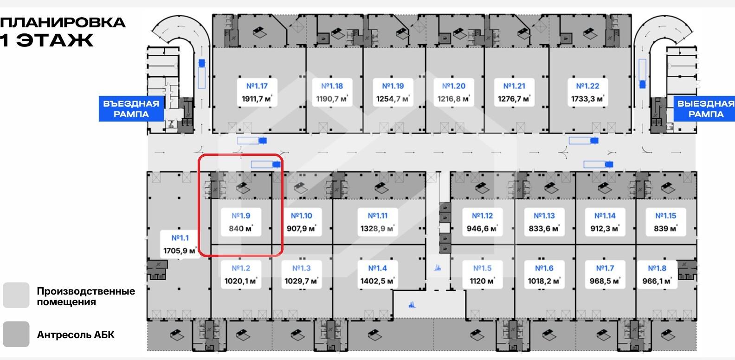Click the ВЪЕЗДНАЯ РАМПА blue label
click(x=131, y=109)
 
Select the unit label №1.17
click(x=257, y=86)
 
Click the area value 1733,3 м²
click(x=587, y=99)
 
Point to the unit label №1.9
click(x=241, y=216)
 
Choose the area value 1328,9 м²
click(x=378, y=229)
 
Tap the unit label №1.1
click(x=180, y=238)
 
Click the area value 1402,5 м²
click(x=378, y=281)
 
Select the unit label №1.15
click(x=665, y=216)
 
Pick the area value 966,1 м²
click(x=657, y=281)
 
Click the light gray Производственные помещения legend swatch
click(x=16, y=296)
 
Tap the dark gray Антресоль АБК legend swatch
click(x=16, y=334)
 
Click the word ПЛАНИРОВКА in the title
click(x=63, y=22)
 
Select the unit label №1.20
click(x=453, y=86)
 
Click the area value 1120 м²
click(x=482, y=281)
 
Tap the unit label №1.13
click(x=544, y=216)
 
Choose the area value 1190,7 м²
click(x=332, y=99)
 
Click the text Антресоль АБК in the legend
click(x=76, y=335)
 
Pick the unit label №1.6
click(x=544, y=268)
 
